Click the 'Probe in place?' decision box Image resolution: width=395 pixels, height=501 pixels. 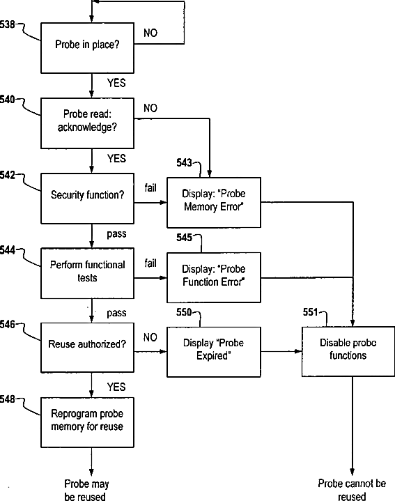[x=87, y=48]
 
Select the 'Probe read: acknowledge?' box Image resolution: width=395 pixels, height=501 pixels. [x=87, y=123]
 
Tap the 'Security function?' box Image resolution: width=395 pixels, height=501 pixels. [x=87, y=199]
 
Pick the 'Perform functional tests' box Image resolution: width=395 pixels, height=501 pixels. [x=87, y=274]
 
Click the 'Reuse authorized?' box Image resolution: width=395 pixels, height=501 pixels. [x=87, y=348]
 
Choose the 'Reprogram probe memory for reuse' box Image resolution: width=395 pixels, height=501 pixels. [x=87, y=422]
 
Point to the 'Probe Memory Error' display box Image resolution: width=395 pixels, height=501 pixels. [x=214, y=203]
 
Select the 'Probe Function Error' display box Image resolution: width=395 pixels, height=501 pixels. [x=214, y=277]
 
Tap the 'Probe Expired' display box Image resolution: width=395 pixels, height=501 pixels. [x=214, y=352]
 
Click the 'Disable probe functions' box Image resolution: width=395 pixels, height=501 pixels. [x=348, y=351]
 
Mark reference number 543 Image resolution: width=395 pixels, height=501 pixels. [x=184, y=162]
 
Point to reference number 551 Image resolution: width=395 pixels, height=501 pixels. [x=311, y=312]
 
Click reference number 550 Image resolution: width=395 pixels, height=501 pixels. [x=184, y=312]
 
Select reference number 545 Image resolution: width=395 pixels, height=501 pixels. [x=184, y=238]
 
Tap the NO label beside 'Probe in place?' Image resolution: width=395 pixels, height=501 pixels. [x=150, y=33]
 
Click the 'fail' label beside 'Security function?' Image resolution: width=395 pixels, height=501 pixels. [x=150, y=188]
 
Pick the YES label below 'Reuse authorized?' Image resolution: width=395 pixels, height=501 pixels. [x=116, y=387]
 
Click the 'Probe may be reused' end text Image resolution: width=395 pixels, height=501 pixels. [x=86, y=490]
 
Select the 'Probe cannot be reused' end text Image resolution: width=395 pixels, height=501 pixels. [x=352, y=490]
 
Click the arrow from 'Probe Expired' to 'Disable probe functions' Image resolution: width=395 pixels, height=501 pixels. [x=281, y=351]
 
